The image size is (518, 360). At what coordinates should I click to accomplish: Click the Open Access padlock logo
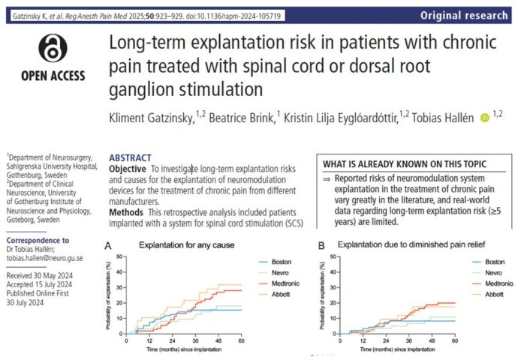(x=63, y=50)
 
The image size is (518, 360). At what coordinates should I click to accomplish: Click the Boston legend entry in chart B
(x=492, y=261)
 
